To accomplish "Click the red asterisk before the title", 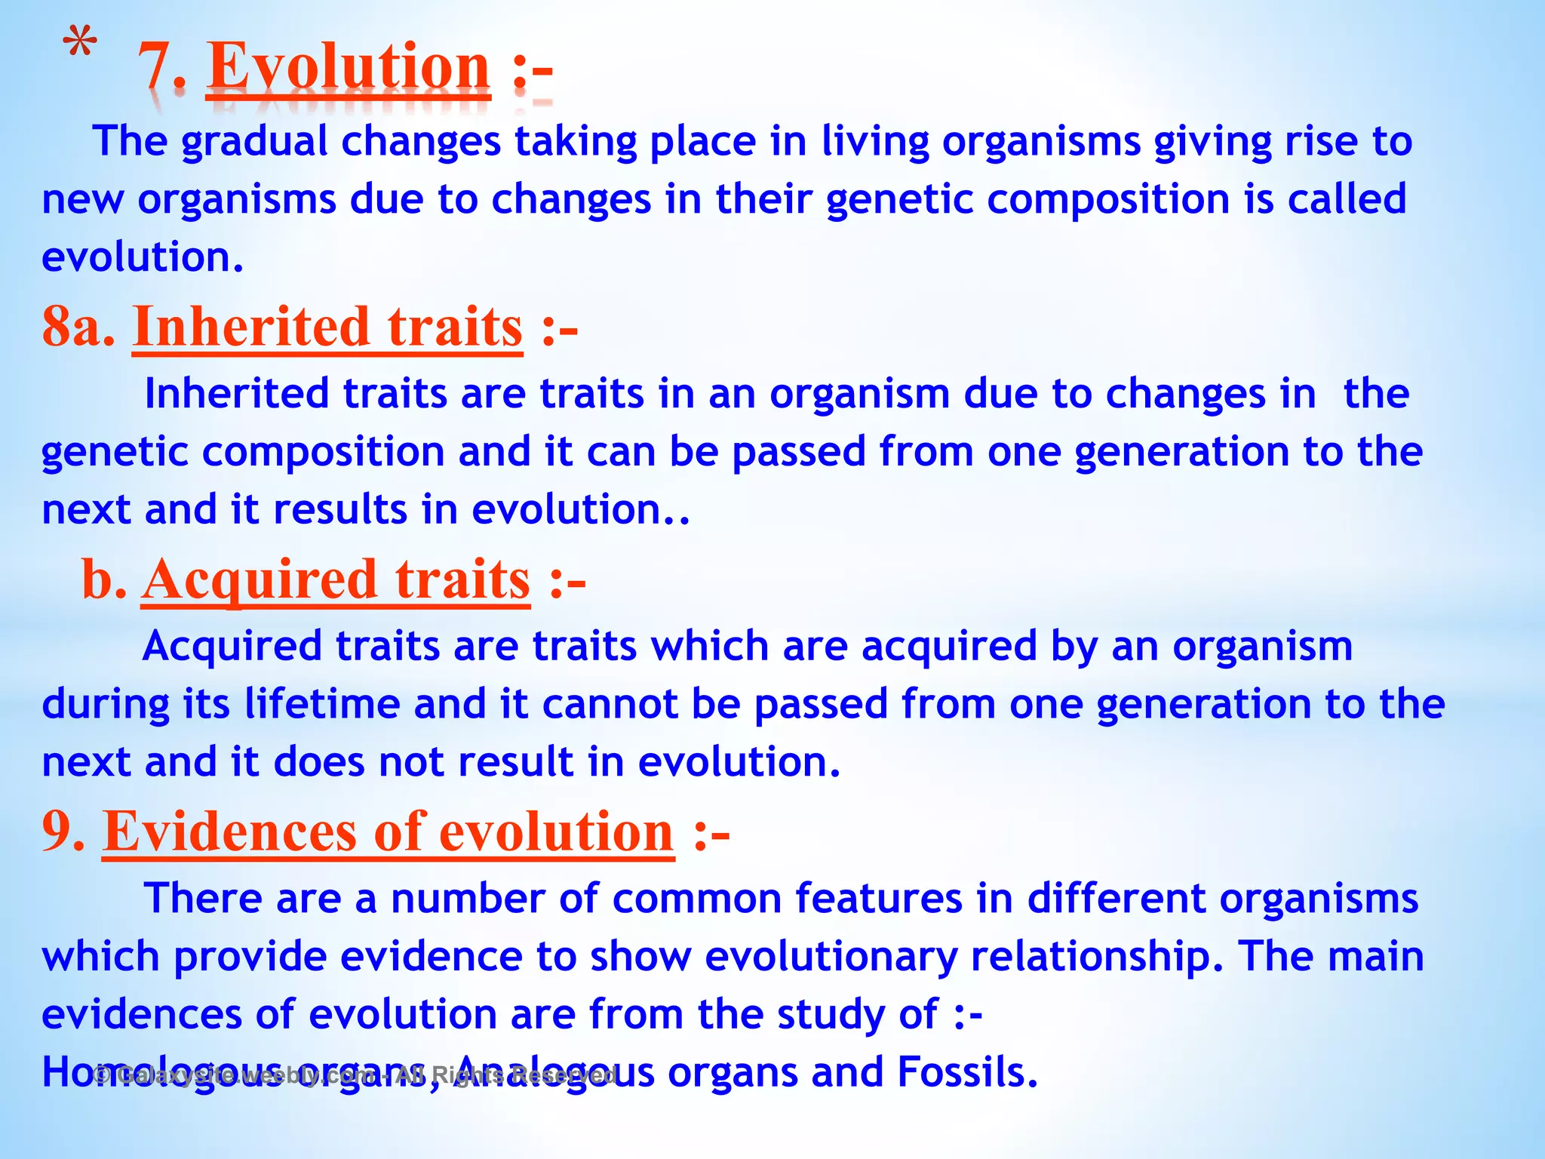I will coord(79,44).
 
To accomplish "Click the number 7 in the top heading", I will coord(155,68).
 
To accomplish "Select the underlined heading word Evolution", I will coord(349,68).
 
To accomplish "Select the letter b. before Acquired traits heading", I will coord(103,579).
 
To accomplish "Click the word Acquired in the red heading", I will coord(259,579).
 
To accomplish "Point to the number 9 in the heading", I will coord(62,832).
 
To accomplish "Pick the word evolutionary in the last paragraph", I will coord(831,957).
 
